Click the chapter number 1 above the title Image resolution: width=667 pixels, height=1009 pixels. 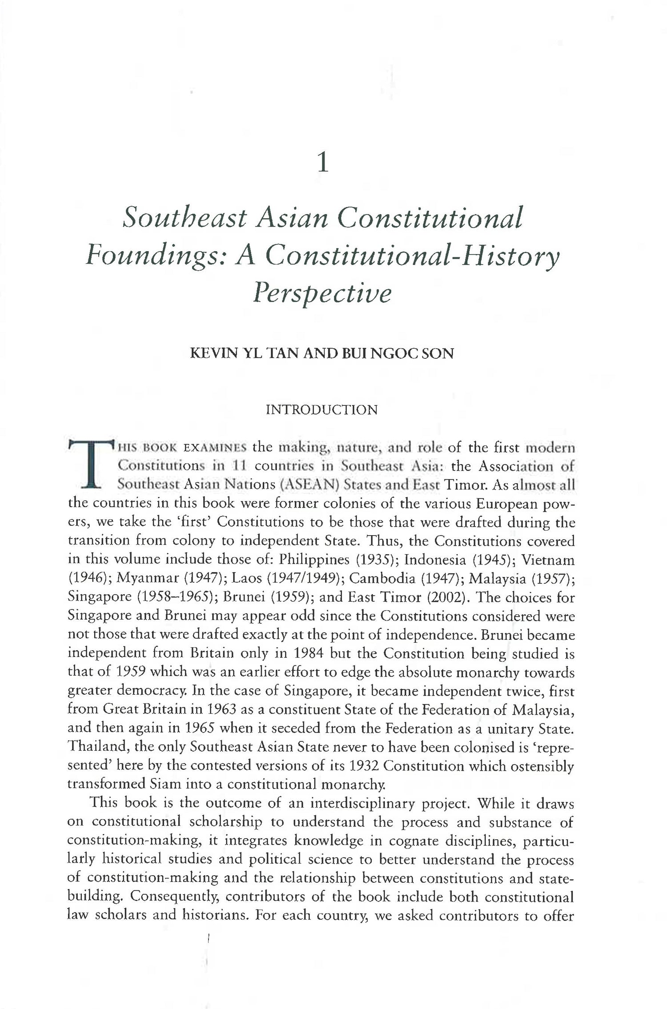(x=324, y=164)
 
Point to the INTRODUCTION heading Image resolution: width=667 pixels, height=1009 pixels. (x=321, y=409)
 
